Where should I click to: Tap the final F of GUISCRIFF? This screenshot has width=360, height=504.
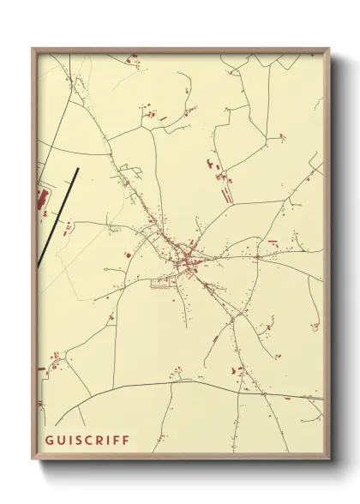click(x=126, y=440)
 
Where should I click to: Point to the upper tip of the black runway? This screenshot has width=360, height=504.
click(x=77, y=168)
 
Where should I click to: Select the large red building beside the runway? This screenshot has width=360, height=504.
click(x=40, y=201)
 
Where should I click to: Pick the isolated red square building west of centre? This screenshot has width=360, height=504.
click(x=128, y=255)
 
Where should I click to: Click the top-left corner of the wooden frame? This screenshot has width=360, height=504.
click(x=33, y=49)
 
